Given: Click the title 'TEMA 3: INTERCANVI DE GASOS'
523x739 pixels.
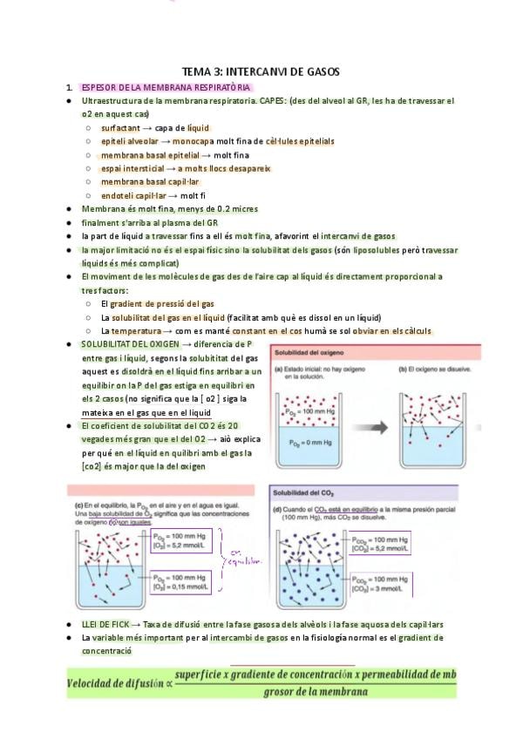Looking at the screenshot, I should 260,71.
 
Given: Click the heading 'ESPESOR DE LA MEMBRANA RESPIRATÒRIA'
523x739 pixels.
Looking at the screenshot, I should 166,88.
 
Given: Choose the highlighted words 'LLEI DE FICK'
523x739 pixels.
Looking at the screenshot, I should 105,625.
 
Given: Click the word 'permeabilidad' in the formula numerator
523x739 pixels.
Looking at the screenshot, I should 397,675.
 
